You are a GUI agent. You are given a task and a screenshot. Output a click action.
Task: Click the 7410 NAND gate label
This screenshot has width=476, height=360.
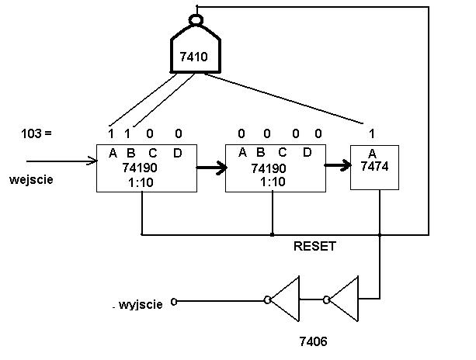[193, 57]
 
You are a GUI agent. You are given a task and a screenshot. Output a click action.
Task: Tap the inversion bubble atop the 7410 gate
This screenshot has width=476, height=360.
[196, 20]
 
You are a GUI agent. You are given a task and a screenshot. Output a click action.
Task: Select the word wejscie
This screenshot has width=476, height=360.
[31, 180]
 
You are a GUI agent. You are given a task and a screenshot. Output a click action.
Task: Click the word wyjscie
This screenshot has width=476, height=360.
[141, 304]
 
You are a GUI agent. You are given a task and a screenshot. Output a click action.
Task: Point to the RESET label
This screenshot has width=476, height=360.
[314, 246]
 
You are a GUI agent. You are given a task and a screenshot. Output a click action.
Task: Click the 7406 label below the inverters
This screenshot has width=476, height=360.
[313, 341]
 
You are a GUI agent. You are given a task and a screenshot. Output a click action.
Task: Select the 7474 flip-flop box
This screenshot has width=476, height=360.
[374, 168]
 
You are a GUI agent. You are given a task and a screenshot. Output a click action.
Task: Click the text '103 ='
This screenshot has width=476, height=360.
[36, 133]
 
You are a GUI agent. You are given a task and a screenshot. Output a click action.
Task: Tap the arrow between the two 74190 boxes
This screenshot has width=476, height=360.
[211, 168]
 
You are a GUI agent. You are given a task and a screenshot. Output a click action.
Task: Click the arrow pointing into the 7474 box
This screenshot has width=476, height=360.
[338, 165]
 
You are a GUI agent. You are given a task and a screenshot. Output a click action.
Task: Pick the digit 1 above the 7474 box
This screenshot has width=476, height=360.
[372, 133]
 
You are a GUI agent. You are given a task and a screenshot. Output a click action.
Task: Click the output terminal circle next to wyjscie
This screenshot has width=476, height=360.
[174, 302]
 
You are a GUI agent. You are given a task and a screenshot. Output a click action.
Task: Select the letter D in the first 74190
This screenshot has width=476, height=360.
[178, 153]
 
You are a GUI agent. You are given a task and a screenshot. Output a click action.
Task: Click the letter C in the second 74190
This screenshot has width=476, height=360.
[283, 153]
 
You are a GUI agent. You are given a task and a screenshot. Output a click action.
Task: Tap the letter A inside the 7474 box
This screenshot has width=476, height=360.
[372, 154]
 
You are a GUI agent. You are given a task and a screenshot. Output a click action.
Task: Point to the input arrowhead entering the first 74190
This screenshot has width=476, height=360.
[93, 161]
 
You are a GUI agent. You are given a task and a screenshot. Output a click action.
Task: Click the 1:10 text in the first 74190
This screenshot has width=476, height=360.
[141, 183]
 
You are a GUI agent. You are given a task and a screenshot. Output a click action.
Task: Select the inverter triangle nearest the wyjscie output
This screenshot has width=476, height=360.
[283, 299]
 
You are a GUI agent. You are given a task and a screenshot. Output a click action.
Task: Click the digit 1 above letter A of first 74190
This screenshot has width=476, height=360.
[111, 133]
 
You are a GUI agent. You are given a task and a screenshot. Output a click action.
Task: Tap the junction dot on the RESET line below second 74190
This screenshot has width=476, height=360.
[273, 234]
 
